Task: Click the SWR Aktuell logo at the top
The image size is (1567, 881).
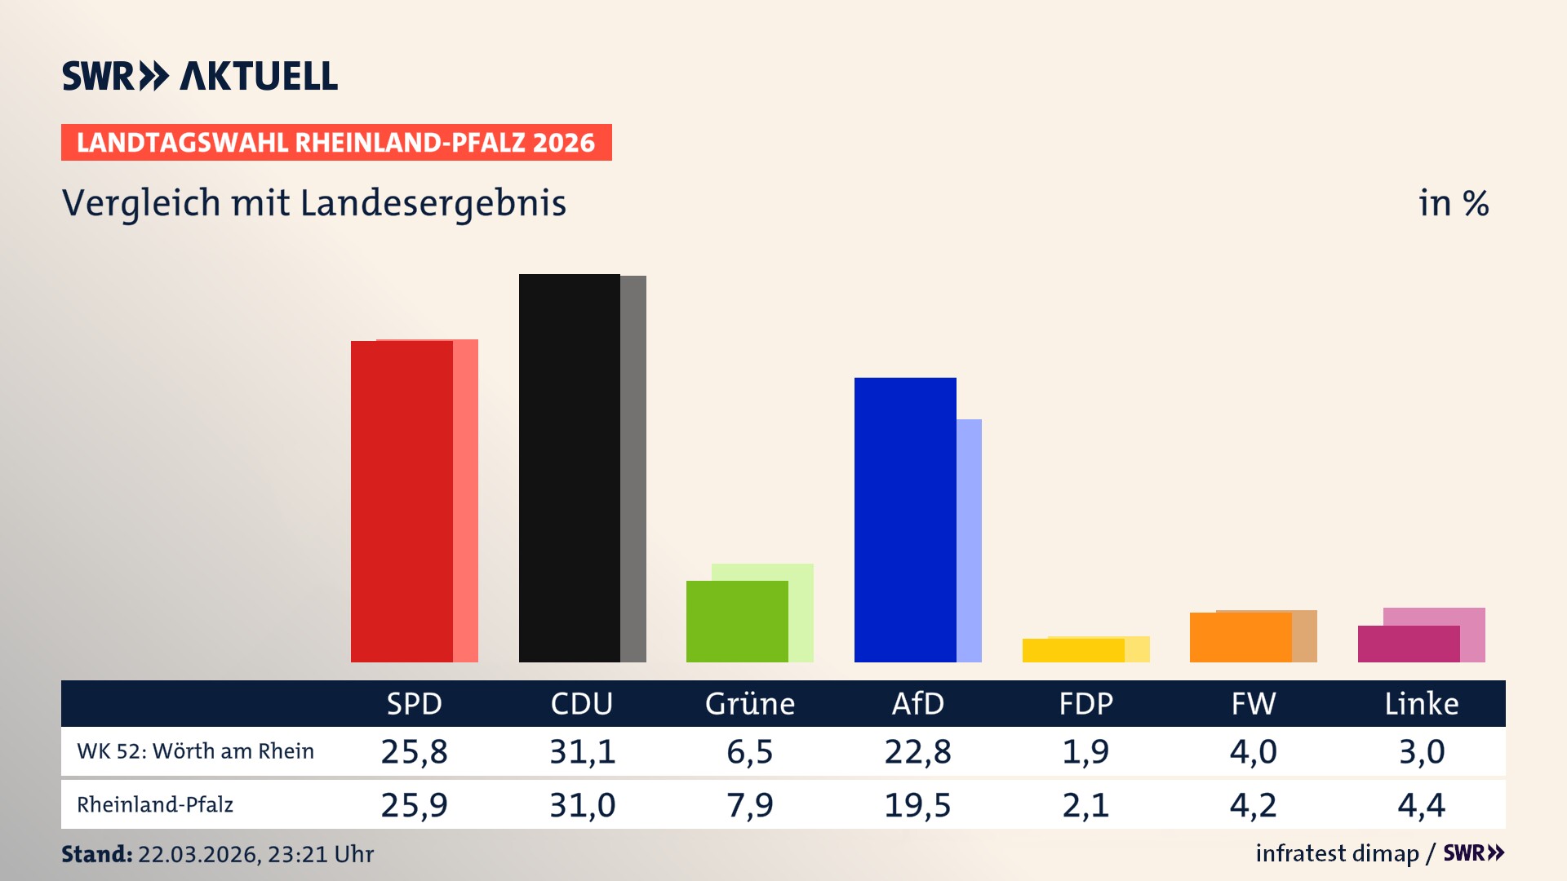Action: pos(199,76)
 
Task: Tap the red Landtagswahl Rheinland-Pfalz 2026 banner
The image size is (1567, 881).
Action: pos(335,143)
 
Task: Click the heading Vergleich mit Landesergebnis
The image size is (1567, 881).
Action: pos(313,203)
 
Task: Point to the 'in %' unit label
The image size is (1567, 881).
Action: pos(1453,203)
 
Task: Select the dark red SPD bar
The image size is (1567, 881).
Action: pos(402,502)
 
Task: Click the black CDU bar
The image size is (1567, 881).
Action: pos(569,468)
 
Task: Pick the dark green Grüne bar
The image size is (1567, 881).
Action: pos(736,622)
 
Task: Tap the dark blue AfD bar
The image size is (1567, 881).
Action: pos(904,520)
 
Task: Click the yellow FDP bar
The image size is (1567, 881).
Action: pos(1072,651)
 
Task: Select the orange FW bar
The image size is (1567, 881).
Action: pos(1240,637)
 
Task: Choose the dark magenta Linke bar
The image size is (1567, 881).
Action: pos(1408,644)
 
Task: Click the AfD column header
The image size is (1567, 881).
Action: pos(917,704)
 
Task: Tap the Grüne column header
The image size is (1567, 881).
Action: pos(749,704)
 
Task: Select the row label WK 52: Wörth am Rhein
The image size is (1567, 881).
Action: pos(195,751)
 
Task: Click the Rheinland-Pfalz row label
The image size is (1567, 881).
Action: pos(155,805)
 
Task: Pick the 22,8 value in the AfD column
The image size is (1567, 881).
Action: pos(917,751)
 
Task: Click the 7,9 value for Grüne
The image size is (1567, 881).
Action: pos(749,805)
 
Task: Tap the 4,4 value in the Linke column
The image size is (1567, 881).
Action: pos(1421,805)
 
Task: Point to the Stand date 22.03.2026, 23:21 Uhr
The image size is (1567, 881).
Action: pos(255,854)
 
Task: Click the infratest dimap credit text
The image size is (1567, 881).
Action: pos(1337,853)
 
